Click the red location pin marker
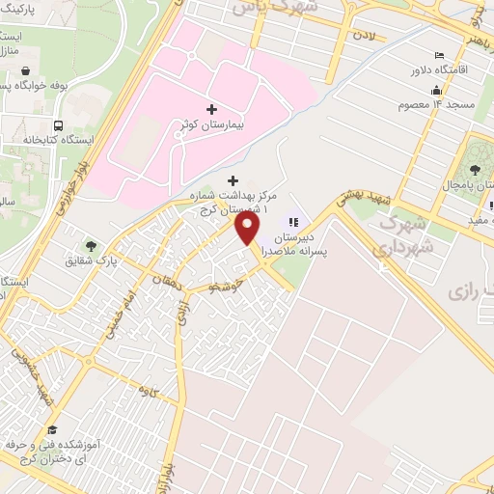tap(248, 229)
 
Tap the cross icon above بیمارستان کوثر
tap(212, 110)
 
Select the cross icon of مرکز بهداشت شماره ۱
tap(232, 180)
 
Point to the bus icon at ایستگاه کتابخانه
tap(60, 125)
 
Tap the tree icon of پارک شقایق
tap(92, 246)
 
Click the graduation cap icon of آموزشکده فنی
tap(52, 429)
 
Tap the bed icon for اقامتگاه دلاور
tap(439, 54)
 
